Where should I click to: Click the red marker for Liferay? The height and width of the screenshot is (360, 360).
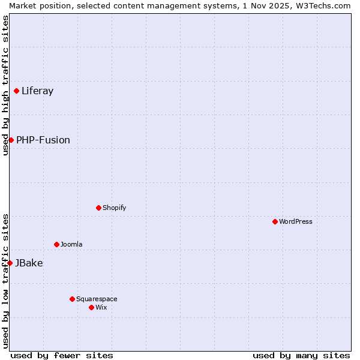click(x=17, y=91)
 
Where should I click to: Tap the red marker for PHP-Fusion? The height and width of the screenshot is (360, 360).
click(x=11, y=140)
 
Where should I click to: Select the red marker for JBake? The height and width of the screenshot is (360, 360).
click(x=10, y=263)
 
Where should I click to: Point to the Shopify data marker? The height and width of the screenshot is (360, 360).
click(x=98, y=208)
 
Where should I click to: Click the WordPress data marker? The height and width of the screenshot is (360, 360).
click(x=275, y=221)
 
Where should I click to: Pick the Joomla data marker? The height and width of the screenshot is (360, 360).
click(x=56, y=244)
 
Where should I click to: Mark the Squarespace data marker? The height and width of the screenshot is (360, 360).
click(x=72, y=299)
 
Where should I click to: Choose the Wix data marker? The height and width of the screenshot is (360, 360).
click(x=91, y=307)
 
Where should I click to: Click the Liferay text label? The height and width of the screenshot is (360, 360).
click(x=37, y=91)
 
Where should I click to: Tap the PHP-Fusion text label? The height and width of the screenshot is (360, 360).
click(x=43, y=140)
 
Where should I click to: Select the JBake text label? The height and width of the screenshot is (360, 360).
click(x=29, y=263)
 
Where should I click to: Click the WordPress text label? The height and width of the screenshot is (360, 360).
click(x=296, y=221)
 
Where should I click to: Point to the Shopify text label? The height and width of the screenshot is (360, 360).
click(x=114, y=208)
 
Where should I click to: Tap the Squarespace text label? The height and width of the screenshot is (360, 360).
click(x=97, y=299)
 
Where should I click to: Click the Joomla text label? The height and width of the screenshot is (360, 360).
click(x=71, y=244)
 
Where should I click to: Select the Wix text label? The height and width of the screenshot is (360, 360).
click(x=101, y=307)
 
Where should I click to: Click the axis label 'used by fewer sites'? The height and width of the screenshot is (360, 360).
click(x=62, y=355)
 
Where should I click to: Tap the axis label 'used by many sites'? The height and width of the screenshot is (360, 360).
click(x=301, y=355)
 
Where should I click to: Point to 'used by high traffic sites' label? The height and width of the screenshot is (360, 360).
click(x=5, y=85)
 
